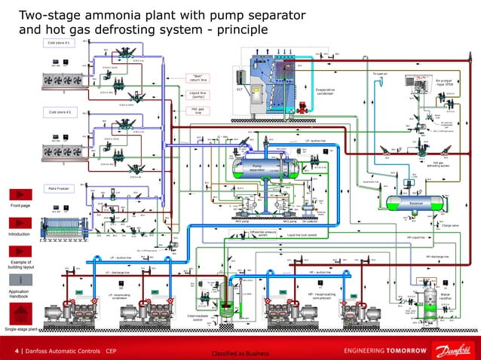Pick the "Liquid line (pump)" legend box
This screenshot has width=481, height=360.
[x=199, y=95]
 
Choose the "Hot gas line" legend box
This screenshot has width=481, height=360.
[x=199, y=111]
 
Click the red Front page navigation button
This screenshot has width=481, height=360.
[x=19, y=193]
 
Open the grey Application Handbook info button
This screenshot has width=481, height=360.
[x=19, y=279]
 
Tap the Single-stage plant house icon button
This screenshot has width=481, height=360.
[x=19, y=319]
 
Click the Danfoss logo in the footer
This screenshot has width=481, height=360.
[x=452, y=350]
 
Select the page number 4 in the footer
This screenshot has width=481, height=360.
[x=17, y=351]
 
